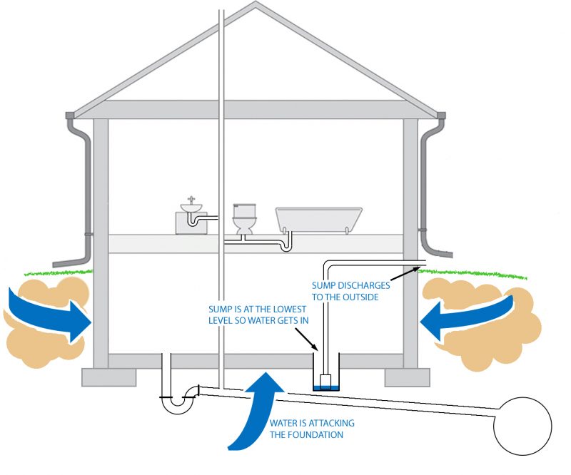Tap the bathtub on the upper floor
tap(319, 218)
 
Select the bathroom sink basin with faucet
tap(191, 208)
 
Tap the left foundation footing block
tap(106, 377)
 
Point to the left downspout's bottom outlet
tap(56, 262)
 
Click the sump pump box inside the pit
tap(325, 379)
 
